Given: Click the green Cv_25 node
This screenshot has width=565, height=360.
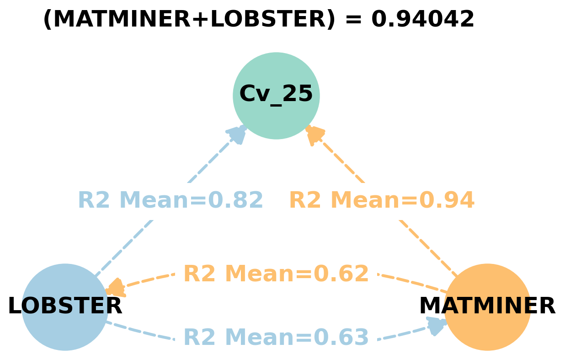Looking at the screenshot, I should click(276, 96).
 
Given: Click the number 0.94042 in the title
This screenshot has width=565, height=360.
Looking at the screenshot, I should click(423, 20).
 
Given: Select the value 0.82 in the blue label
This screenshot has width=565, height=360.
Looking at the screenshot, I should click(236, 200).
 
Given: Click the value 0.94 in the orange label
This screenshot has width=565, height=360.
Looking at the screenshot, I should click(447, 200).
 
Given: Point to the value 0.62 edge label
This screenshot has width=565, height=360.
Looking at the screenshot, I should click(341, 274).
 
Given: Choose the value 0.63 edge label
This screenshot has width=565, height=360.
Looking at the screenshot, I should click(341, 338).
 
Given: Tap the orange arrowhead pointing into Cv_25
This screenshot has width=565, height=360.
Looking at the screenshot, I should click(314, 134).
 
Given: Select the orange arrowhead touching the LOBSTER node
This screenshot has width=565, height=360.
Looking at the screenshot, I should click(115, 288).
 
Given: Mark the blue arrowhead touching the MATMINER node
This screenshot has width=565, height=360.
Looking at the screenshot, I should click(436, 325).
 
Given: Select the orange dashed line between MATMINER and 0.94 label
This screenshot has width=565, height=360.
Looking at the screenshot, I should click(427, 247).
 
